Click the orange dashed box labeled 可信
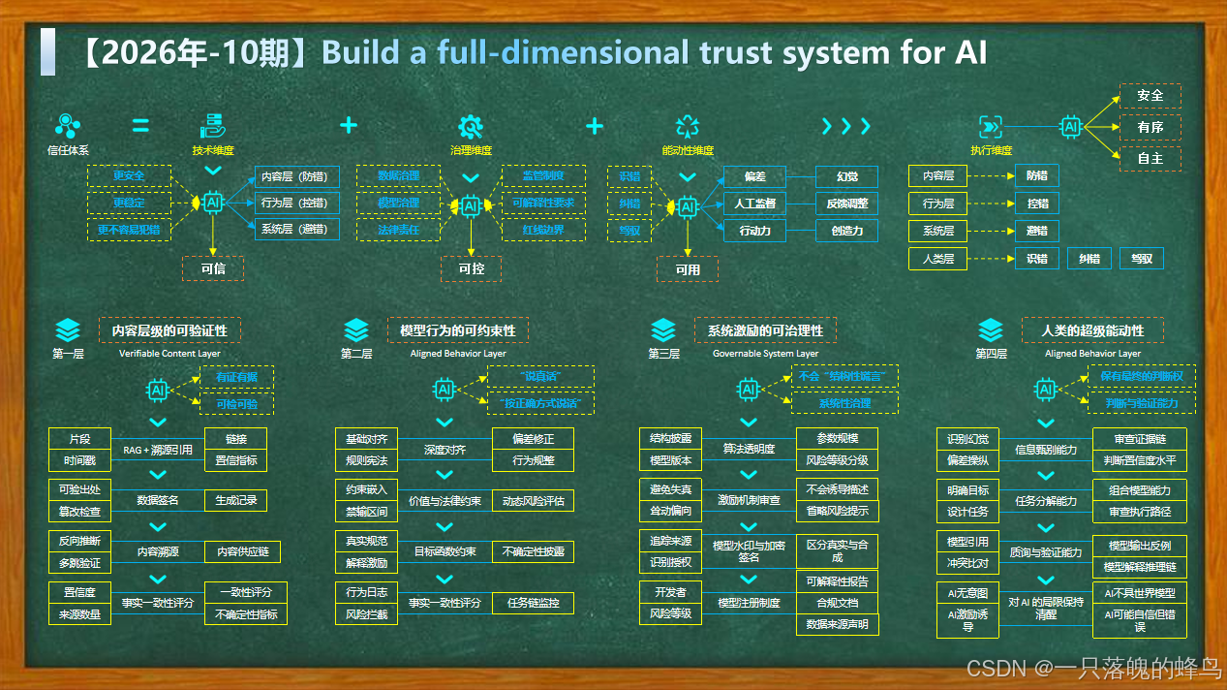(x=213, y=268)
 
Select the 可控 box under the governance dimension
(x=471, y=268)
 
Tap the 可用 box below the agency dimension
(x=688, y=269)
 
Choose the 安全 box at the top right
(x=1150, y=96)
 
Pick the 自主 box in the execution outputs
(x=1150, y=159)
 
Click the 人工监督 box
(x=756, y=204)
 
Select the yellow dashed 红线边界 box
(x=543, y=230)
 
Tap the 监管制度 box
(x=543, y=176)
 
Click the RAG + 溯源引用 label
(x=158, y=450)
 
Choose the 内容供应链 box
(x=243, y=551)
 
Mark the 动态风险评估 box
(x=533, y=501)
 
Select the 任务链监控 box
(x=533, y=603)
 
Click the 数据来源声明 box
(x=838, y=624)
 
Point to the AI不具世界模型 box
(x=1140, y=592)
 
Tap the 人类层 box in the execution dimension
(x=938, y=259)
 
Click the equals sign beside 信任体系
(x=140, y=126)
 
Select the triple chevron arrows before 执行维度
(x=845, y=127)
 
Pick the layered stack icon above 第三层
(x=663, y=329)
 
